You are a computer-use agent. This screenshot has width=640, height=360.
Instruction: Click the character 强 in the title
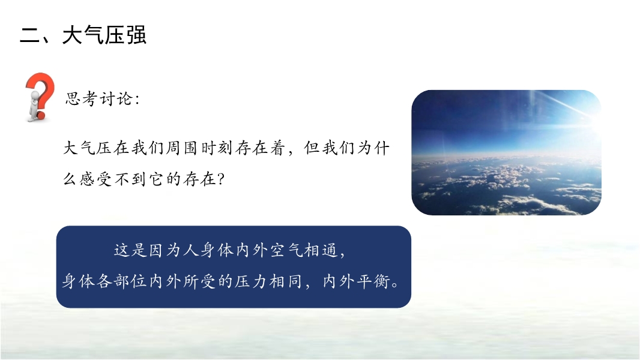[x=136, y=35]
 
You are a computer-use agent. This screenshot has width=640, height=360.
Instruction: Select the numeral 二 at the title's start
[x=29, y=35]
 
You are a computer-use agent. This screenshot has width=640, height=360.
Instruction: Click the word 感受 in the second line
[x=96, y=179]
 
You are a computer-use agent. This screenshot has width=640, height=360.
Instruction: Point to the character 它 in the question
[x=156, y=179]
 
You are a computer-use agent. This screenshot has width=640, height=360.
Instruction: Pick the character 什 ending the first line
[x=382, y=148]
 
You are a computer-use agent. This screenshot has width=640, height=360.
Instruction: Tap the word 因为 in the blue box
[x=165, y=250]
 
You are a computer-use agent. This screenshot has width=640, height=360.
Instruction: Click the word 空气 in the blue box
[x=286, y=250]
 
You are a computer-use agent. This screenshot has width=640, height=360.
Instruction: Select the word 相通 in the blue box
[x=321, y=250]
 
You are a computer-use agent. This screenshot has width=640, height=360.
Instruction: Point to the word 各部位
[x=122, y=281]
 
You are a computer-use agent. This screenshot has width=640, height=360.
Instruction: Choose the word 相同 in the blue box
[x=286, y=281]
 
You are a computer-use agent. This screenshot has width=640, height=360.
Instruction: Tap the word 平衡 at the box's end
[x=373, y=281]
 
